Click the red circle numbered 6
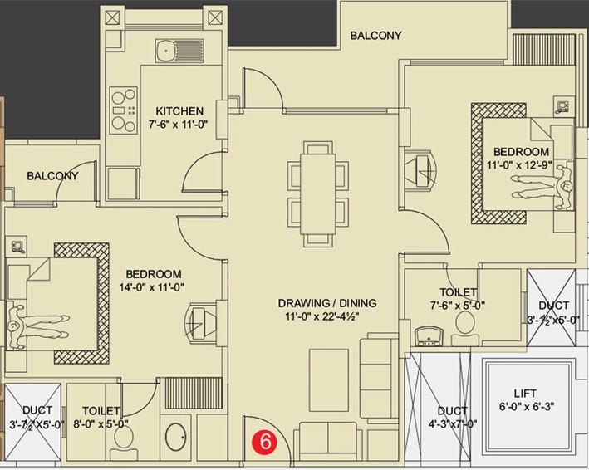coord(265,441)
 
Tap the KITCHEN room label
coord(179,111)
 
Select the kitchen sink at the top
coord(179,51)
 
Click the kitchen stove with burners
coord(123,110)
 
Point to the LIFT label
coord(525,394)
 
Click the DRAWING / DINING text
coord(327,303)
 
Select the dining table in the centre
coord(318,194)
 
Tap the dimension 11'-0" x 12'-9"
coord(519,165)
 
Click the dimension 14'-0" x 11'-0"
coord(152,287)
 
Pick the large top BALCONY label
coord(376,35)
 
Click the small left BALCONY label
coord(52,176)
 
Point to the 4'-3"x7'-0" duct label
coord(453,424)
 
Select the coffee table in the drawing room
coord(329,380)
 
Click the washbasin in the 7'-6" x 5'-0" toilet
coord(429,336)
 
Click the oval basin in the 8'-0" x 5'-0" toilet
coord(175,437)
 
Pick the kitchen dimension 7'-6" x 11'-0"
coord(178,125)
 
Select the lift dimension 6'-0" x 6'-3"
coord(527,407)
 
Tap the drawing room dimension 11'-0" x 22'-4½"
coord(322,317)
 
